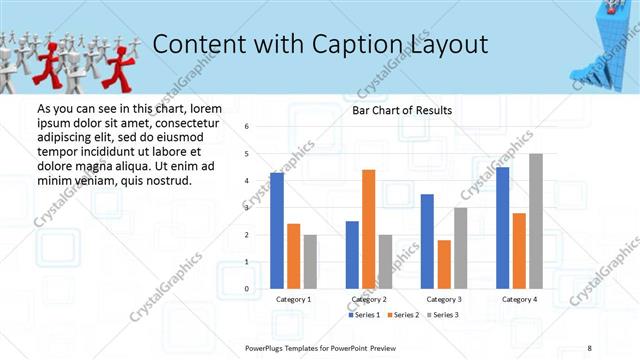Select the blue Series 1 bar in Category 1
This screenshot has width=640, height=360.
277,231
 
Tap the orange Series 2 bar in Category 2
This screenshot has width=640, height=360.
368,229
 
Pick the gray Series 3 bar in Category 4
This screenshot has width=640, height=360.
536,221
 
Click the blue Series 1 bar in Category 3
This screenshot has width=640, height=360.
427,241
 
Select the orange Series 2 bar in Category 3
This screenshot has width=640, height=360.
444,264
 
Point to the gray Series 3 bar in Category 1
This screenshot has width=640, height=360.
310,262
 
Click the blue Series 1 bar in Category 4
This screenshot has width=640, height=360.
502,228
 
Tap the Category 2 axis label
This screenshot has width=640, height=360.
369,299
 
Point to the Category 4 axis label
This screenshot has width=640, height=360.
519,299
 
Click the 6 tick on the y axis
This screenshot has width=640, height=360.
247,127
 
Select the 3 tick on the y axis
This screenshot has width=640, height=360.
247,208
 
